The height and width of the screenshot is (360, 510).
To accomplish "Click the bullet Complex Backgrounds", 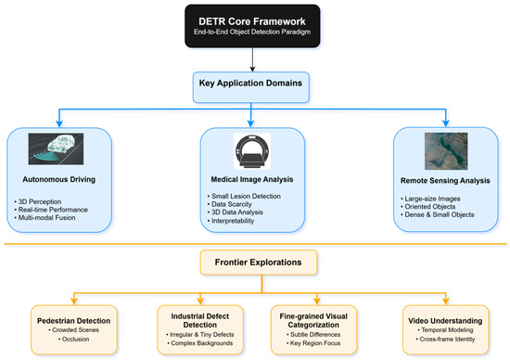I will click(x=192, y=343).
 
